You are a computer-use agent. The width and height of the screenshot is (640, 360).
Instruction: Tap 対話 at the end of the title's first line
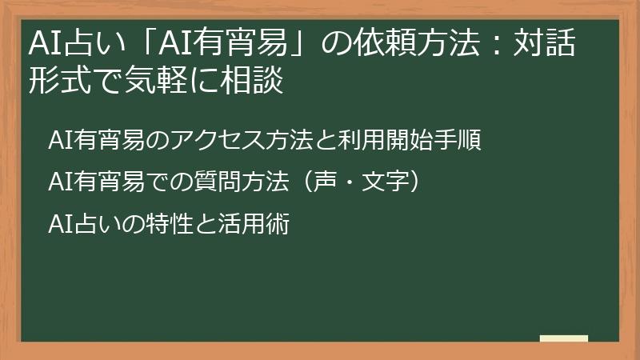(545, 43)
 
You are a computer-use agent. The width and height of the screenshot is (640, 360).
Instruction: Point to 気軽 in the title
(155, 79)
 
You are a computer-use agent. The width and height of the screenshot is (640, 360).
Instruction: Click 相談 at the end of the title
(252, 79)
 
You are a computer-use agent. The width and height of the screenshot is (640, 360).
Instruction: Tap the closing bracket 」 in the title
(301, 44)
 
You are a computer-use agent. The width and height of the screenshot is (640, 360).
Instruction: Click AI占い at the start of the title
(77, 43)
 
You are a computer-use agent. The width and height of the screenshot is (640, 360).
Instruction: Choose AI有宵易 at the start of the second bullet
(96, 182)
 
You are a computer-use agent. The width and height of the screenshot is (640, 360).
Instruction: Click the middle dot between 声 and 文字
(350, 182)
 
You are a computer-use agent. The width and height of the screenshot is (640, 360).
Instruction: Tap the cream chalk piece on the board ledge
(564, 338)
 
